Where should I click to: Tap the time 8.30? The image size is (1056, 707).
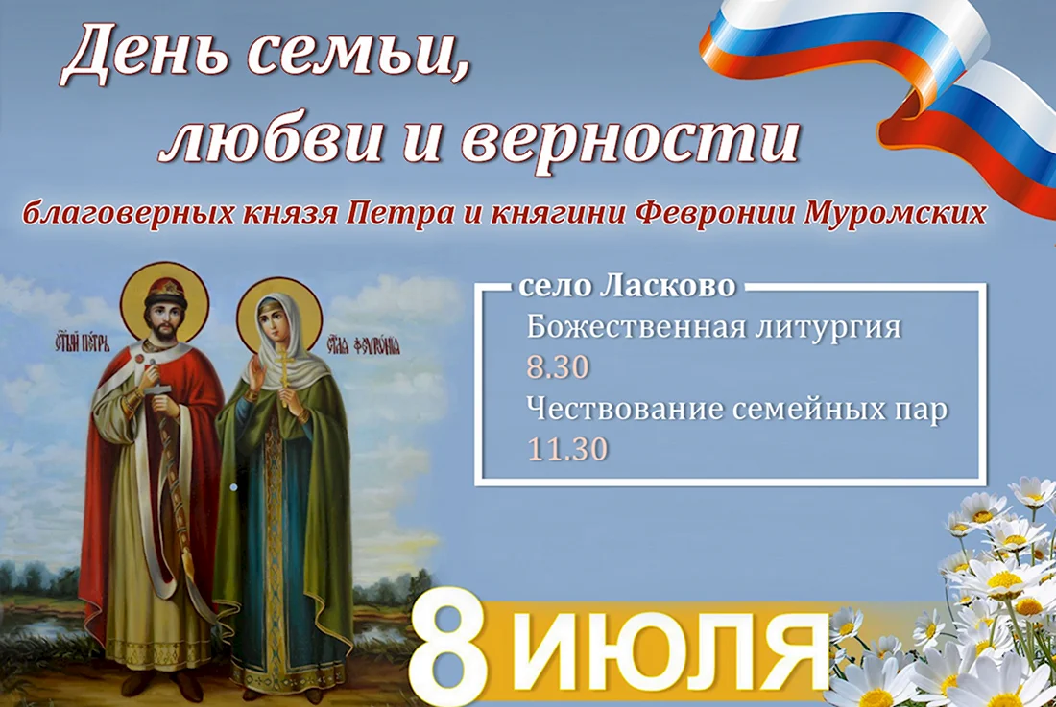click(x=558, y=367)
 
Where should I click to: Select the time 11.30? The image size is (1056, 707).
click(x=567, y=449)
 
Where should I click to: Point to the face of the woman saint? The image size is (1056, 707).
click(x=275, y=324)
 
